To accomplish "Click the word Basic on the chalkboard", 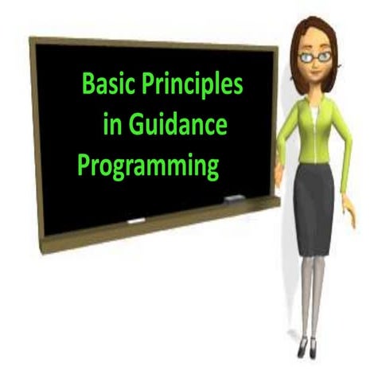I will point(107,84).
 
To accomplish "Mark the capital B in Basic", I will point(88,84).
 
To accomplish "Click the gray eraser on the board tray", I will point(235,197).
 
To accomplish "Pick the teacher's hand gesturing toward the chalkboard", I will point(278,172).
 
